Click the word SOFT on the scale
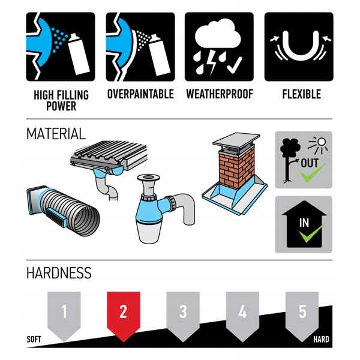pos(34,340)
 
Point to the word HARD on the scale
pos(321,340)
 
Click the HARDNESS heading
pos(59,273)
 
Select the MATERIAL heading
pos(56,134)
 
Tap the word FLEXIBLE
pos(301,94)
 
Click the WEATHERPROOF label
pos(220,94)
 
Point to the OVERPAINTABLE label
pos(140,94)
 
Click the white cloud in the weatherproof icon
pos(218,34)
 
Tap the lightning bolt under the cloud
pos(211,63)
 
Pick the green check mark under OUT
pos(313,172)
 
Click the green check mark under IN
pos(311,233)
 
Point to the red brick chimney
pos(237,169)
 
